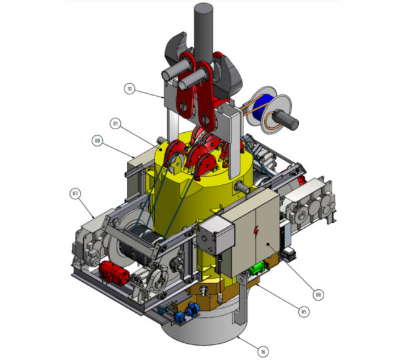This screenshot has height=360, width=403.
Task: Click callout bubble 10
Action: pos(129,89)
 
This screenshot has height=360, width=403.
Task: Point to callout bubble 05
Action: pos(304,312)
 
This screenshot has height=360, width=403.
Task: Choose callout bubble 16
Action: pos(262,352)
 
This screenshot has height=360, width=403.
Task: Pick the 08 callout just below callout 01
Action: pos(97,141)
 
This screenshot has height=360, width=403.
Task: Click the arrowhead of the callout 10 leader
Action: pos(163,99)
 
